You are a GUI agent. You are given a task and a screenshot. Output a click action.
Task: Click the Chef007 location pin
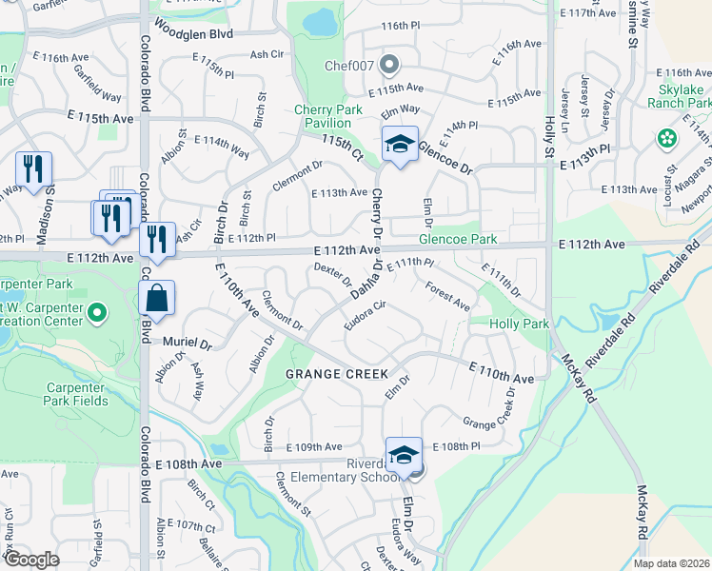[x=388, y=65]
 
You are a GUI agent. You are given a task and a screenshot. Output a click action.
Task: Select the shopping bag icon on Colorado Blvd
[x=157, y=298]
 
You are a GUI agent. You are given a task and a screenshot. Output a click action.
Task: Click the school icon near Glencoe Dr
[x=401, y=145]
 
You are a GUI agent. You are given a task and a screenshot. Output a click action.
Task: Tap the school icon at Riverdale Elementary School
[x=404, y=455]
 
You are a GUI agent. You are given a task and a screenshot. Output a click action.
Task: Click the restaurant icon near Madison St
[x=33, y=169]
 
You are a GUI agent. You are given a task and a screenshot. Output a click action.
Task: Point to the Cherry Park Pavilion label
[x=328, y=116]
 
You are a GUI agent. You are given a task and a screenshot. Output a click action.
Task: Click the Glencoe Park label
[x=459, y=239]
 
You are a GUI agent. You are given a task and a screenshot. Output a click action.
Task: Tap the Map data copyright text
[x=671, y=563]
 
